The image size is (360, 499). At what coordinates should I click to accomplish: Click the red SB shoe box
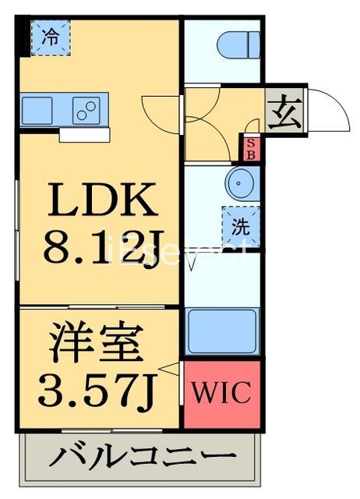point(251,148)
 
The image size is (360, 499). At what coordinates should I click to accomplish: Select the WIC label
point(221,392)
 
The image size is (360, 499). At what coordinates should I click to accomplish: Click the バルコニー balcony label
point(142,457)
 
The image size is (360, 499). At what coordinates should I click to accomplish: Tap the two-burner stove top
point(89,108)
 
